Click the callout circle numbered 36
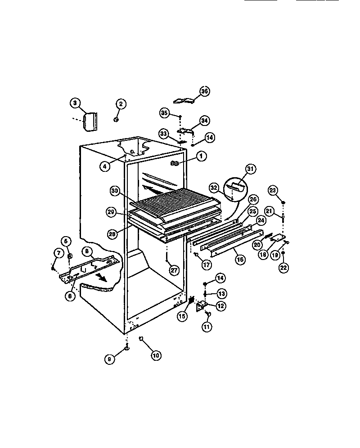tap(204, 91)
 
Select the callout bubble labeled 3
tap(76, 103)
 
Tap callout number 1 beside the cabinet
tap(201, 156)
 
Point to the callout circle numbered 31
tap(251, 169)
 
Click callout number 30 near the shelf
tap(115, 191)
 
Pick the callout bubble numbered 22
tap(283, 267)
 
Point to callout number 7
tap(58, 253)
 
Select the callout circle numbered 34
tap(205, 121)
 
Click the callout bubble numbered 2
tap(120, 104)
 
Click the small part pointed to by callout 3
tap(91, 121)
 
